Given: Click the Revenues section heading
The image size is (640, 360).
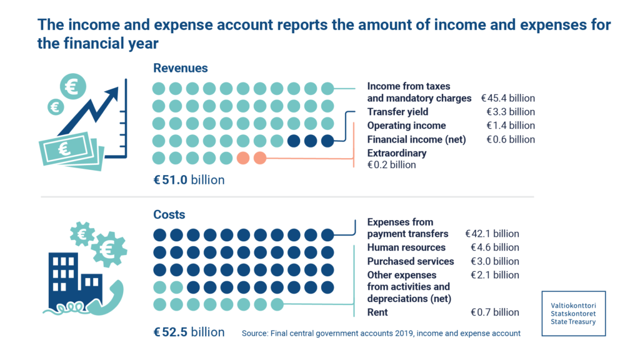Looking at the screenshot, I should [181, 68].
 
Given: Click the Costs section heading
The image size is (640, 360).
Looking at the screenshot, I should [169, 214].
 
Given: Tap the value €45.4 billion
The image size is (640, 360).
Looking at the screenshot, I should [507, 98].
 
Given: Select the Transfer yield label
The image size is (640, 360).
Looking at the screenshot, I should [397, 112].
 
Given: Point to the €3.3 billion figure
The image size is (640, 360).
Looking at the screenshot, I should [511, 112].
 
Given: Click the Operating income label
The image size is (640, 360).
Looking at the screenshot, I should [407, 126].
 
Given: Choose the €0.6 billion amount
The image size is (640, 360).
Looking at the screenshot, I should [511, 139].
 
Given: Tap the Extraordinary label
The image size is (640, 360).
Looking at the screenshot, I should [397, 153].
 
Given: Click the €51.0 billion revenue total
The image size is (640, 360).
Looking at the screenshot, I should [189, 180].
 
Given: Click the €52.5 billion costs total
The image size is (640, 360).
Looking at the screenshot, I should [189, 332].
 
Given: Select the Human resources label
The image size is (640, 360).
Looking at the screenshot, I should [406, 247].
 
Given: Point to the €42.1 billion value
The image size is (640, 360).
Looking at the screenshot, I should [492, 234].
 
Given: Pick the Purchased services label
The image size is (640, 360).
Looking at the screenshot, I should [411, 261].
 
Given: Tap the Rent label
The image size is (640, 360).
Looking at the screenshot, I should [377, 312].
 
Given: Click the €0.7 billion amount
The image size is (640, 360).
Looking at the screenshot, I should [494, 312].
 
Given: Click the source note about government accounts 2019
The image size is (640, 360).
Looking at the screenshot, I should [381, 333].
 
